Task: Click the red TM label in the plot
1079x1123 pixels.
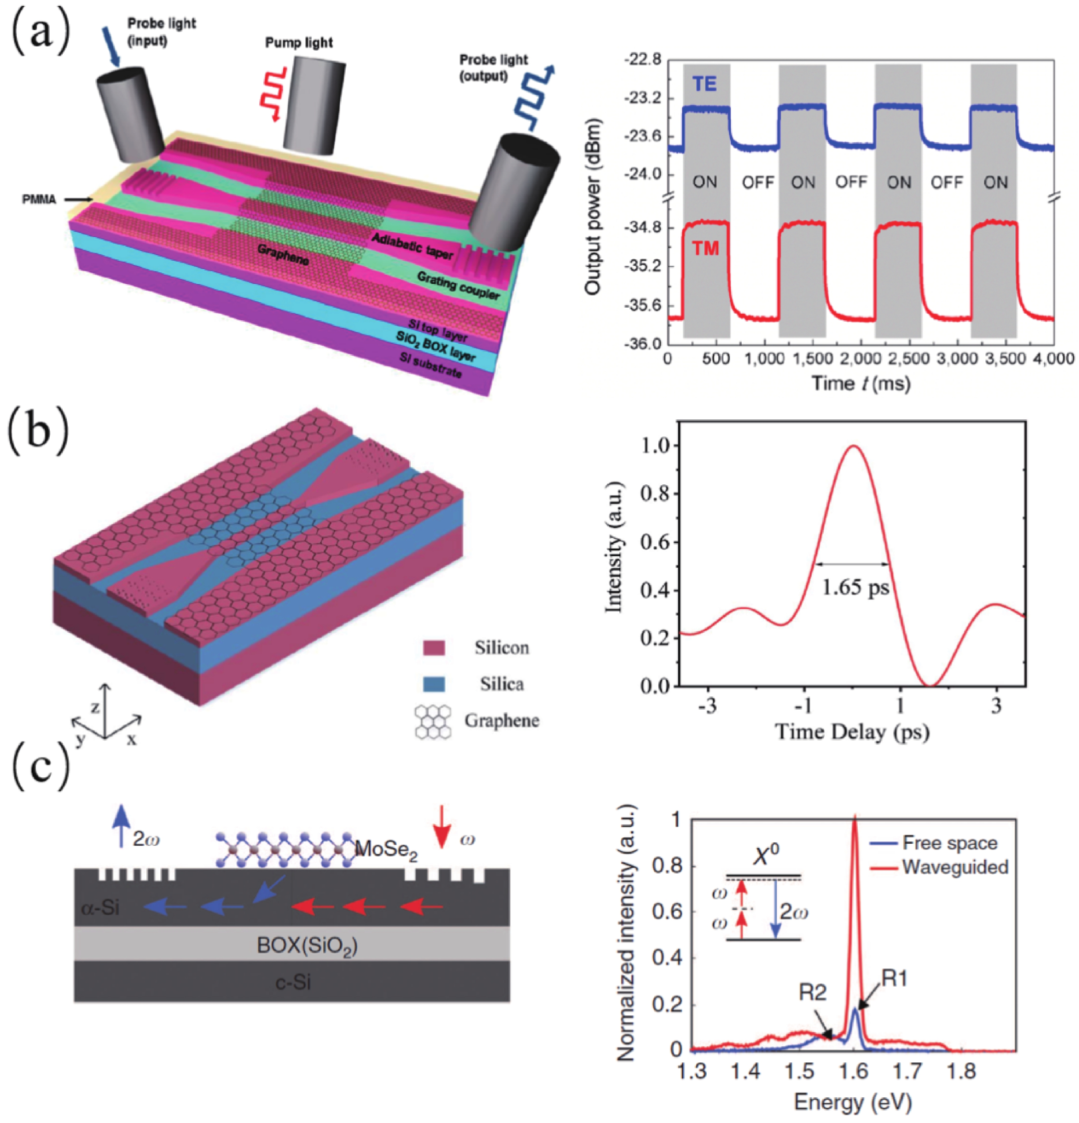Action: click(x=705, y=248)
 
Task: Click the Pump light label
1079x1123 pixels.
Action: click(x=299, y=43)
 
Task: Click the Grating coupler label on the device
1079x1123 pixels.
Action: click(x=458, y=284)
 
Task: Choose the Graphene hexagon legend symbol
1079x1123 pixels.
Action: click(x=433, y=721)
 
